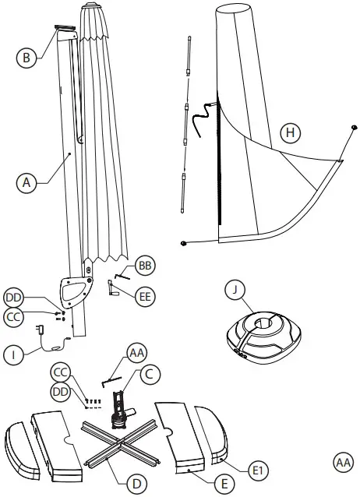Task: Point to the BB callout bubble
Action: point(145,266)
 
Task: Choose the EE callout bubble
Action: point(145,295)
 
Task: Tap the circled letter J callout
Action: point(235,290)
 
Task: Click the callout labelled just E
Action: point(223,484)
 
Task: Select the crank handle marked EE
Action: point(114,288)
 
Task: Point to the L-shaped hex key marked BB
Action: point(122,273)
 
